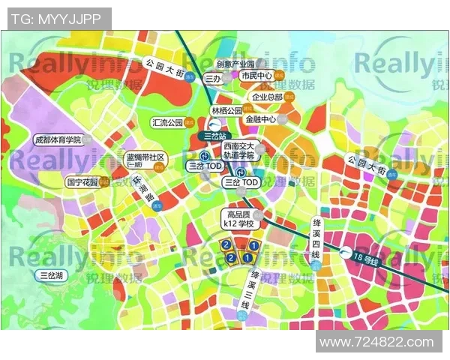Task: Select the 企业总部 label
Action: [267, 97]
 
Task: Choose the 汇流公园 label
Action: [167, 121]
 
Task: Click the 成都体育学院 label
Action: [57, 140]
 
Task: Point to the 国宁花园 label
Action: [82, 181]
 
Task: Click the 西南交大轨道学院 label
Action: [240, 151]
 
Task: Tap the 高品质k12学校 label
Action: [241, 218]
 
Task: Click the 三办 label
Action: [211, 77]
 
